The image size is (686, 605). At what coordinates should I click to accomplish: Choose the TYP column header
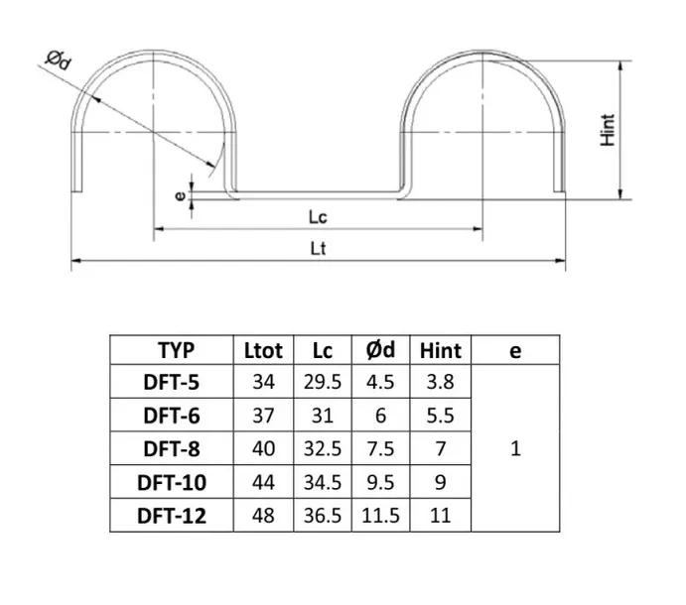177,350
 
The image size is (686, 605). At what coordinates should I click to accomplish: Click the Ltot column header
263,350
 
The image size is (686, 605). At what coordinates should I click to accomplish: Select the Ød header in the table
379,350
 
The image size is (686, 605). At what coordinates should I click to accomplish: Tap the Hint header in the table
440,350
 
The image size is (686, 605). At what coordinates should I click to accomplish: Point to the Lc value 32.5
322,448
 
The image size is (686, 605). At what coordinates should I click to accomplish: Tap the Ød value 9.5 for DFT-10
379,482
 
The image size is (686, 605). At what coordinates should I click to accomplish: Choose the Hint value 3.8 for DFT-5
440,382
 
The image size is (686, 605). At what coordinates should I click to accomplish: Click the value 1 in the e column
514,448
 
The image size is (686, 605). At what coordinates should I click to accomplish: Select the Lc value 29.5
322,382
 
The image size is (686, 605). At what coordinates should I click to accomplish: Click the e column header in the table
514,350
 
